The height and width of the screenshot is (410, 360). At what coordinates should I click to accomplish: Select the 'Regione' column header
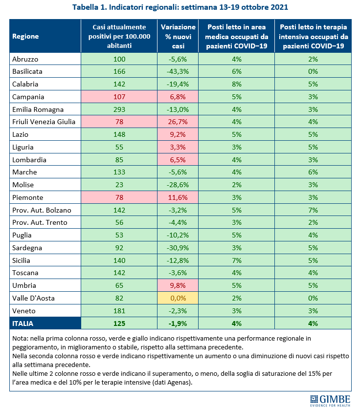(x=25, y=36)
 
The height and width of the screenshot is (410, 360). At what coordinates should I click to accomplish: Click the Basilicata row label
(x=28, y=71)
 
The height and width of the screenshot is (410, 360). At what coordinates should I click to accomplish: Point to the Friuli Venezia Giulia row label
(x=44, y=122)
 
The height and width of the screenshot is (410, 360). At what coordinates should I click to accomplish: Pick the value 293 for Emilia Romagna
(x=119, y=109)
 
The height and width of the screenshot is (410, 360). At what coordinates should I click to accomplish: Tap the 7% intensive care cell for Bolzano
(x=313, y=210)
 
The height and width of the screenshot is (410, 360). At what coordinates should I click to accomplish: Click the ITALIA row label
(x=24, y=323)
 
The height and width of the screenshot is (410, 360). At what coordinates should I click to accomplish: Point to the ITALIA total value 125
(x=119, y=323)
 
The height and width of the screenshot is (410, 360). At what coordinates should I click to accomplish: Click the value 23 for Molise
(x=119, y=184)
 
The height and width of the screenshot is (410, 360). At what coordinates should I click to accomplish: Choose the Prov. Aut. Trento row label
(x=39, y=222)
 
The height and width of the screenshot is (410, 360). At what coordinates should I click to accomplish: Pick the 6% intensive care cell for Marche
(x=313, y=172)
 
